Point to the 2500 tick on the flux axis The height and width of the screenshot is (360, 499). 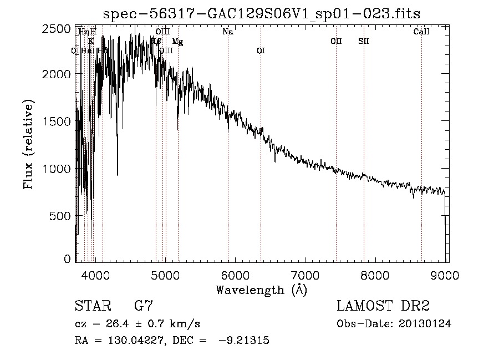[58, 29]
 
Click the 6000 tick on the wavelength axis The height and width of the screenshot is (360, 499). [235, 273]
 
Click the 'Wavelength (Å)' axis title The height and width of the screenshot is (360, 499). [261, 290]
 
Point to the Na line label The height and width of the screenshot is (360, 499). [228, 32]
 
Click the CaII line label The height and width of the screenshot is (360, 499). [421, 32]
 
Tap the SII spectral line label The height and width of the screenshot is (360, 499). [363, 42]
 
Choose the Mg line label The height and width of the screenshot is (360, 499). [177, 42]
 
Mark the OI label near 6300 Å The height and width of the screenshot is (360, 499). [261, 51]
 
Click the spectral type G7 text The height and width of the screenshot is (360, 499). [144, 306]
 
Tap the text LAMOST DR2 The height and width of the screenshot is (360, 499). [383, 306]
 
